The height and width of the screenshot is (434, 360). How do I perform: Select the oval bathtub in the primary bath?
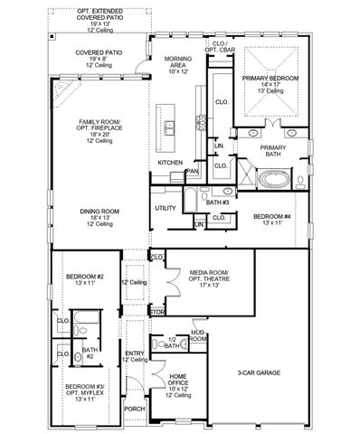coord(273,179)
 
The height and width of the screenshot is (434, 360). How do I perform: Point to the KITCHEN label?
coord(170,162)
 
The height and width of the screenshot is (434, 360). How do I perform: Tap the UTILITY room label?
coord(166,208)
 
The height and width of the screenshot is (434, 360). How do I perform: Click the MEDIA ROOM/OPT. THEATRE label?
coord(210,277)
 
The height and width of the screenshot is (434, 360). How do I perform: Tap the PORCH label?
coord(135,408)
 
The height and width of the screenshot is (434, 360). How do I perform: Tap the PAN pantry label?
coord(192,170)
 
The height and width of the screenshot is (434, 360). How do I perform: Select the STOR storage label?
coord(156,313)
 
